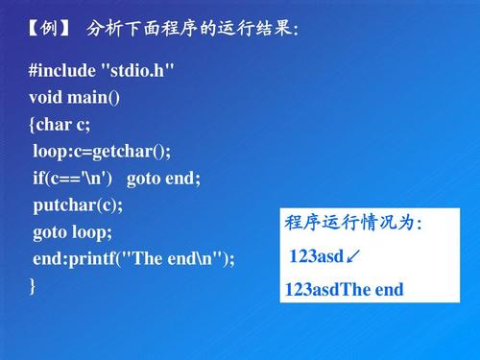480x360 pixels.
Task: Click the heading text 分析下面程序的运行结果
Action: pos(191,28)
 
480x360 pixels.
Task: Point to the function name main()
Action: pos(103,98)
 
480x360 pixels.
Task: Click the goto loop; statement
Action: pos(73,232)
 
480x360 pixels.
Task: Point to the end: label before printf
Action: pos(51,259)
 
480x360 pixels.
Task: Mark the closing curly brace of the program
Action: pos(33,285)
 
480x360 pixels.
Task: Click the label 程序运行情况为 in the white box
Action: pos(352,224)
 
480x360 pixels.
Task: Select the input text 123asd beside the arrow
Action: pos(316,256)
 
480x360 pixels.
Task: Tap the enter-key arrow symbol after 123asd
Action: pos(354,256)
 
